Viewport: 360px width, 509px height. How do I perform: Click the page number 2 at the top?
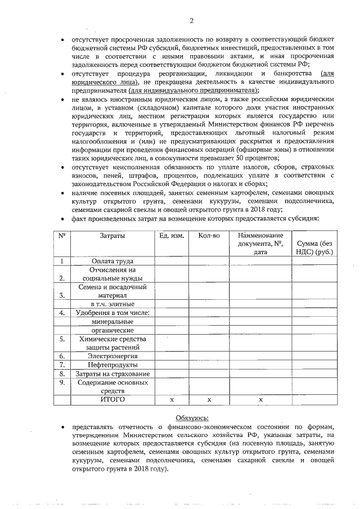tap(191, 21)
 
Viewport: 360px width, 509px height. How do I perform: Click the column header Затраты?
tap(112, 236)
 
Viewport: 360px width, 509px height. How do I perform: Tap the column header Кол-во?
tap(209, 236)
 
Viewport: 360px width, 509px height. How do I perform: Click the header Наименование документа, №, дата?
tap(260, 244)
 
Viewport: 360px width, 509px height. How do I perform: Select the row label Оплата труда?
tap(112, 261)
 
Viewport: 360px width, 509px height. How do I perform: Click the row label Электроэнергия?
tap(112, 356)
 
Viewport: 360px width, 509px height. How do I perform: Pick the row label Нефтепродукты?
tap(112, 365)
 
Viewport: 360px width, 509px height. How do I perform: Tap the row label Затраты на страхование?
tap(112, 374)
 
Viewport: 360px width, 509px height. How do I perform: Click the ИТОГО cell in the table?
tap(112, 399)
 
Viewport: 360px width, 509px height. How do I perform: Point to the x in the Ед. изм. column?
tap(171, 399)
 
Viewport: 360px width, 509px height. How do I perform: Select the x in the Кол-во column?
tap(209, 399)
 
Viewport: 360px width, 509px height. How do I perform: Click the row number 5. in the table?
tap(62, 339)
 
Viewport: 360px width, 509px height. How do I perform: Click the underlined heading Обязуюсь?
tap(192, 417)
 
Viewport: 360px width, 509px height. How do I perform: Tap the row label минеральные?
tap(112, 321)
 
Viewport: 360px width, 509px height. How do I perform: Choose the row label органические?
tap(112, 330)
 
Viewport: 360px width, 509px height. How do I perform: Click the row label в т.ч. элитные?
tap(112, 304)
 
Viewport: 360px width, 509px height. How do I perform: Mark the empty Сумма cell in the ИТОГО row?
tap(315, 399)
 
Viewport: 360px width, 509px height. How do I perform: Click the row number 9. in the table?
tap(62, 383)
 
